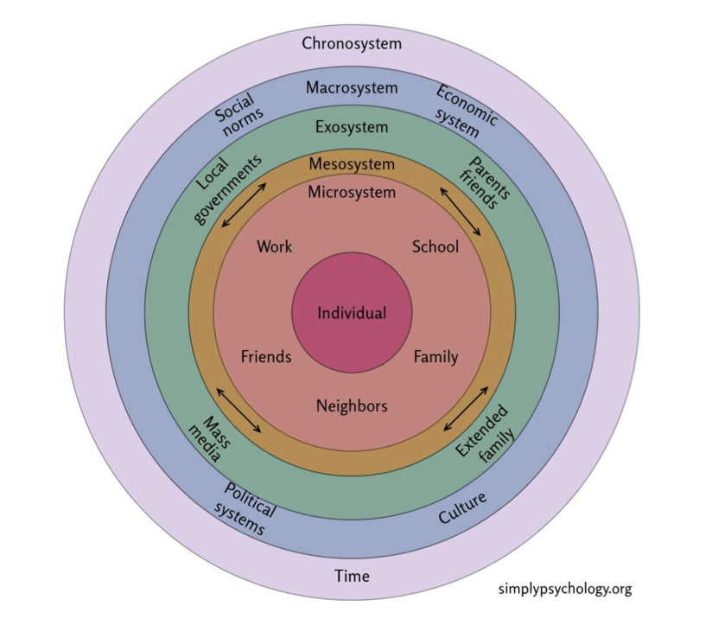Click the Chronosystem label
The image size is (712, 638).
(352, 43)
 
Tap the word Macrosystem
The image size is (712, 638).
(352, 88)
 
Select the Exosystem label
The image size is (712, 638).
(352, 128)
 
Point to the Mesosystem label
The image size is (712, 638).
(352, 164)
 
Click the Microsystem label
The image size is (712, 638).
(352, 192)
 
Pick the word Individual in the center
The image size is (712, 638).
(352, 313)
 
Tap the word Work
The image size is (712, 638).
(275, 247)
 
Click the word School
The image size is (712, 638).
(435, 247)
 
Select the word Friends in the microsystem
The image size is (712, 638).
(266, 356)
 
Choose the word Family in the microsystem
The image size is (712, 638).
(435, 356)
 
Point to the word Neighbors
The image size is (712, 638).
(352, 405)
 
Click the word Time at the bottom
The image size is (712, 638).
(352, 576)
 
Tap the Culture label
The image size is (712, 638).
(463, 508)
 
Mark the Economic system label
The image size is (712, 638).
(464, 112)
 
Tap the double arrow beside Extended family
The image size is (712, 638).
(466, 409)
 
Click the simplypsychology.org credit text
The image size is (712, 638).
(565, 590)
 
